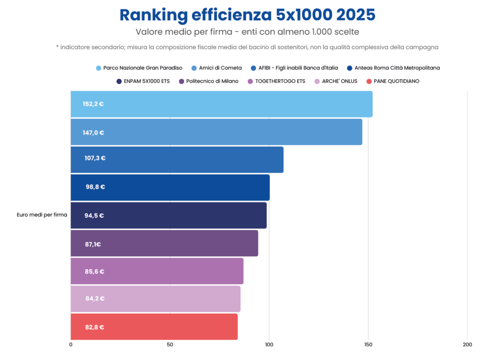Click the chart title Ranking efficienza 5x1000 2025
click(x=247, y=15)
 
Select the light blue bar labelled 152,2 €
click(x=221, y=104)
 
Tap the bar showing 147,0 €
click(x=217, y=132)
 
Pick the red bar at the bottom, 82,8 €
click(x=154, y=327)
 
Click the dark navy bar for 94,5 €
click(x=169, y=216)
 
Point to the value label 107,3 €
click(x=95, y=158)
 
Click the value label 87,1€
click(x=93, y=244)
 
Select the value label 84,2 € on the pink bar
click(x=95, y=299)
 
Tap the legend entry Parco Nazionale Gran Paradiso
click(x=139, y=68)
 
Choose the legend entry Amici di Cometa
click(x=217, y=68)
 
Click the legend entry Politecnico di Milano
click(x=209, y=81)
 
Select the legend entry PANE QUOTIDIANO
click(x=393, y=81)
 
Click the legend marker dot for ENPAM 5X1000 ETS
click(x=119, y=81)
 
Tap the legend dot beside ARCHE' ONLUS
click(x=317, y=81)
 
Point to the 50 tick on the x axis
click(x=170, y=345)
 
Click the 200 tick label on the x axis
click(x=467, y=345)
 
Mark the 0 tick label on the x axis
click(x=71, y=345)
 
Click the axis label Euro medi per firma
click(x=42, y=215)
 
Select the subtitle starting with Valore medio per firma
click(x=247, y=32)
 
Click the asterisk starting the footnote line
click(x=58, y=47)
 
